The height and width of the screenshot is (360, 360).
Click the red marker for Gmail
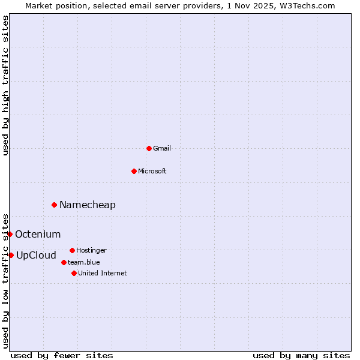[x=149, y=148]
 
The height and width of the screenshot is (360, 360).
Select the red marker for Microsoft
[x=134, y=171]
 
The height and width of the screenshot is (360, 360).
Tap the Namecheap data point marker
[x=54, y=205]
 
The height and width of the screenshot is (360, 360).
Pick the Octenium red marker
[x=10, y=234]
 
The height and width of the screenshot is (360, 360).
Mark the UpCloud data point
[x=11, y=255]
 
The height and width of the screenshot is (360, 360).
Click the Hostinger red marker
[x=72, y=250]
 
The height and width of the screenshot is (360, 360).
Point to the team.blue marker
[x=64, y=262]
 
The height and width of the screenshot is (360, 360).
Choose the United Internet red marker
[x=74, y=273]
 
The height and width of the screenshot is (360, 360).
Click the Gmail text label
[x=162, y=148]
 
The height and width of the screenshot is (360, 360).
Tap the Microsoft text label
[x=152, y=171]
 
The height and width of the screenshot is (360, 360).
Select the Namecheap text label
[x=88, y=205]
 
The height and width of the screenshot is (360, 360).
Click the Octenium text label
[x=38, y=235]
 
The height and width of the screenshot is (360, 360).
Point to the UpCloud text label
[x=36, y=256]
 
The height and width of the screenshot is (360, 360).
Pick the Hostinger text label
[x=91, y=250]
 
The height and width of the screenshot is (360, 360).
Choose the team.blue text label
[x=84, y=262]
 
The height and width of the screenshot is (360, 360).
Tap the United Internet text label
[x=103, y=273]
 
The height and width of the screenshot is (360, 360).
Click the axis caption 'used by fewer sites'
[x=62, y=355]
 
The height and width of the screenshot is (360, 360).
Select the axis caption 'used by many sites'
[x=301, y=355]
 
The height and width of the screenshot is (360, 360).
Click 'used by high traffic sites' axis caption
[x=6, y=85]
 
